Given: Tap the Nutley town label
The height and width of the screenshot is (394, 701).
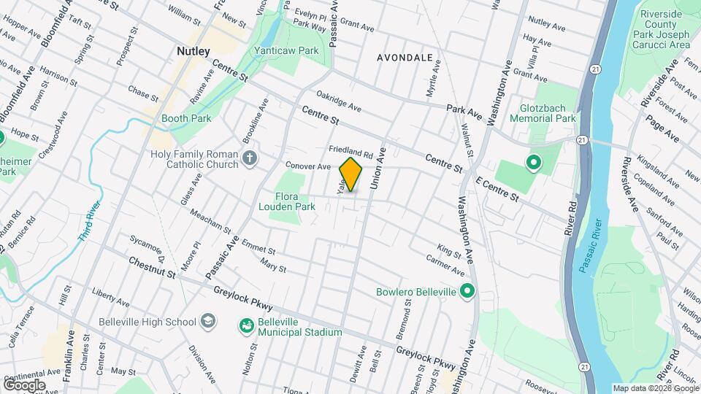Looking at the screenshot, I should [194, 51].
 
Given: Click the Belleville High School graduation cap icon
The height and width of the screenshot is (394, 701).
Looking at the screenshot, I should [208, 322].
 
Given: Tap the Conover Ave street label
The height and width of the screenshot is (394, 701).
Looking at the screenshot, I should [308, 166].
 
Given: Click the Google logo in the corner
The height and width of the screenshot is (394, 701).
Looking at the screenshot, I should [24, 385].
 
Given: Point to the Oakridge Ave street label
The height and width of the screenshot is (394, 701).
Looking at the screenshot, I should [339, 101].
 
